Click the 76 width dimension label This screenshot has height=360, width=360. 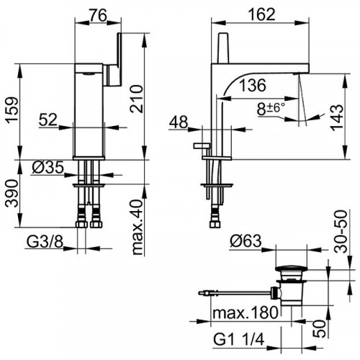(x=98, y=15)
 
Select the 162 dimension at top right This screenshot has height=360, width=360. (x=261, y=14)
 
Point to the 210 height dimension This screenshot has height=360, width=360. (x=137, y=99)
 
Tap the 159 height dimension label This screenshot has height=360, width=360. (x=12, y=110)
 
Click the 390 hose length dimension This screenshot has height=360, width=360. (x=12, y=194)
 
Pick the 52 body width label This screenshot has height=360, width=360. (x=48, y=120)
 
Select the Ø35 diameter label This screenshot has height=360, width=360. (x=48, y=167)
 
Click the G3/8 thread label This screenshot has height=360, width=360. (x=45, y=242)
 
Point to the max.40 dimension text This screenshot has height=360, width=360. (x=138, y=228)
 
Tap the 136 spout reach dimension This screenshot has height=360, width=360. (x=253, y=85)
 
